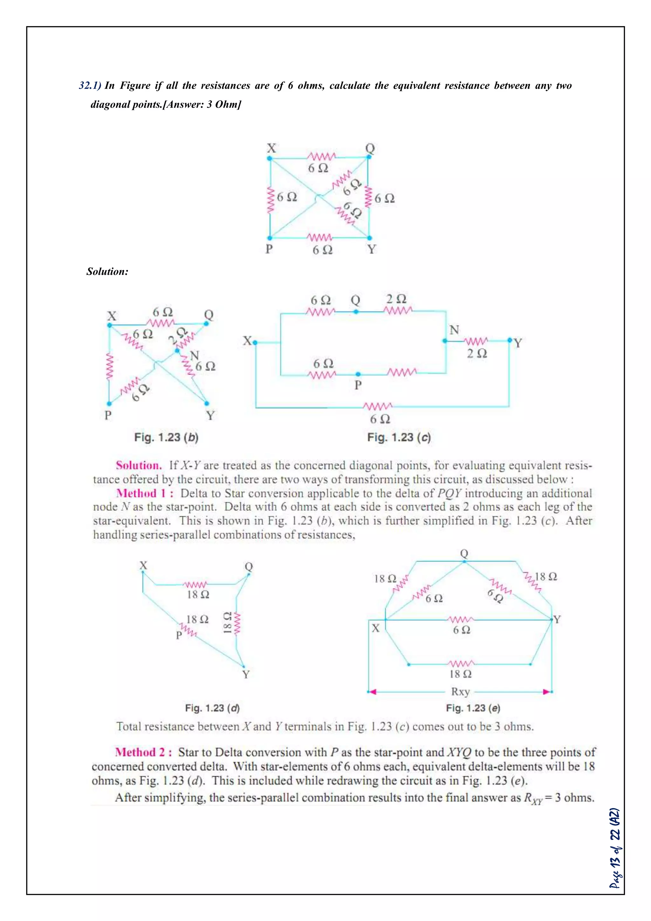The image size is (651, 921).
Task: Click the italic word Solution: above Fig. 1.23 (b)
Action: (107, 272)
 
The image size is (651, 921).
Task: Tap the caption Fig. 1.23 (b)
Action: (166, 437)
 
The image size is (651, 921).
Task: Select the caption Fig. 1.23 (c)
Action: (399, 437)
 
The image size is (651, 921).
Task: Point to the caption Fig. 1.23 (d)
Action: (212, 708)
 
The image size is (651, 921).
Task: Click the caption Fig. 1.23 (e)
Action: (473, 708)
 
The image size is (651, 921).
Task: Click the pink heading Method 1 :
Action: (145, 493)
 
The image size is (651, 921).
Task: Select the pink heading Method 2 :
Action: (143, 752)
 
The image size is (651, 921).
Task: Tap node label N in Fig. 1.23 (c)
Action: (454, 330)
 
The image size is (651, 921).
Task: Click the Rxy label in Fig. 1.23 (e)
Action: (460, 692)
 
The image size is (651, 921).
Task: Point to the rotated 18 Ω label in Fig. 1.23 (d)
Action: (227, 623)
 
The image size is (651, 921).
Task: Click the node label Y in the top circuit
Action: (372, 250)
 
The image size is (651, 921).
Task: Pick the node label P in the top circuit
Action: (269, 249)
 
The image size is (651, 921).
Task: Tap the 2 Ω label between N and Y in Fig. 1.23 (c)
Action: (476, 353)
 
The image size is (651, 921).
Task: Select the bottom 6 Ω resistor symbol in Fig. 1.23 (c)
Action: (378, 406)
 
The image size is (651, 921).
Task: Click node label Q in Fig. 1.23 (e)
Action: (464, 554)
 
